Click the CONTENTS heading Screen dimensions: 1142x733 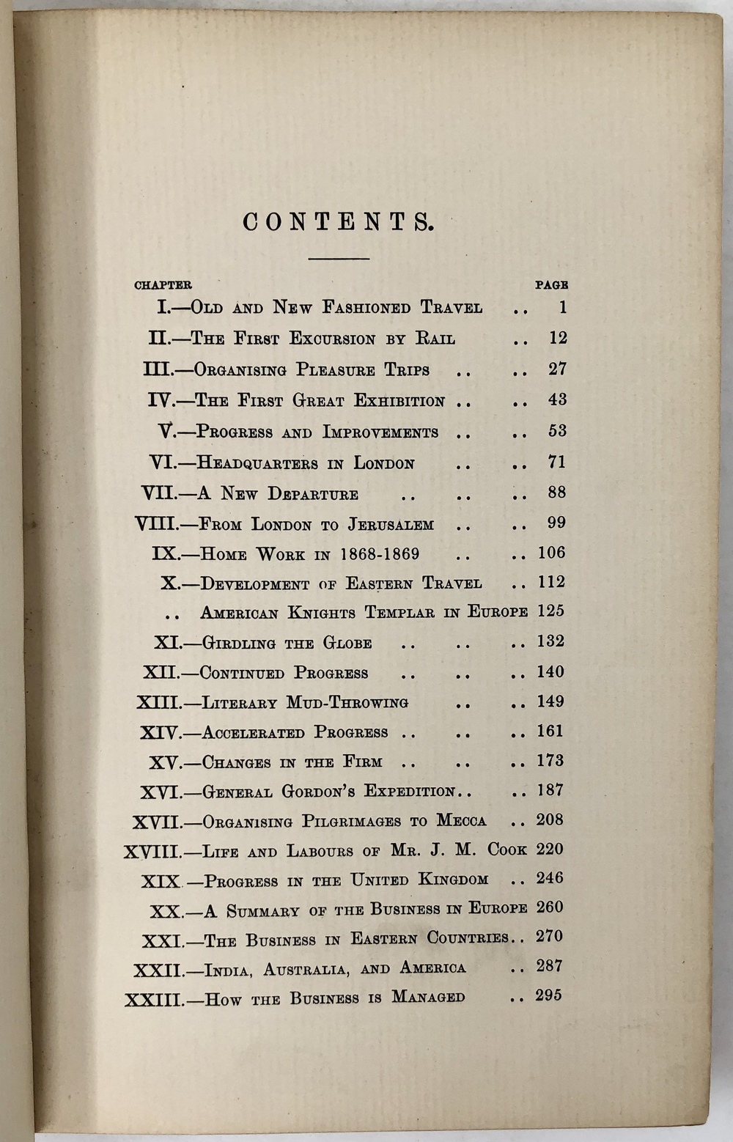[338, 222]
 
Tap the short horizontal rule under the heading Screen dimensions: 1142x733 [339, 259]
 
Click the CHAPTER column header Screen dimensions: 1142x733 [163, 285]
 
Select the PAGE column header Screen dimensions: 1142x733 [551, 285]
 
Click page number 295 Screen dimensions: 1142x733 [549, 995]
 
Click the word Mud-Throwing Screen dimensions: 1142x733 [347, 703]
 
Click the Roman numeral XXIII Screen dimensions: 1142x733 [153, 999]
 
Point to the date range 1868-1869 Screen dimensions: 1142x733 [379, 554]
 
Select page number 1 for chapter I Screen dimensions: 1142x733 [562, 308]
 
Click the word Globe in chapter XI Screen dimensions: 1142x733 [347, 644]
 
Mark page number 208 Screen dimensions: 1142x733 [550, 819]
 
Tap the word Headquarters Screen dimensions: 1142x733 [257, 463]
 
